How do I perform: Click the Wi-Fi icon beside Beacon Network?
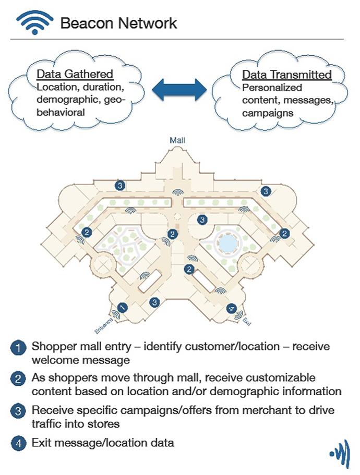click(35, 22)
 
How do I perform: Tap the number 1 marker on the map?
click(123, 308)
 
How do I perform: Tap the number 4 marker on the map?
click(232, 308)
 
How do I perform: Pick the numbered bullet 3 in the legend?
click(18, 410)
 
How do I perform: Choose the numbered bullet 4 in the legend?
click(18, 443)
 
